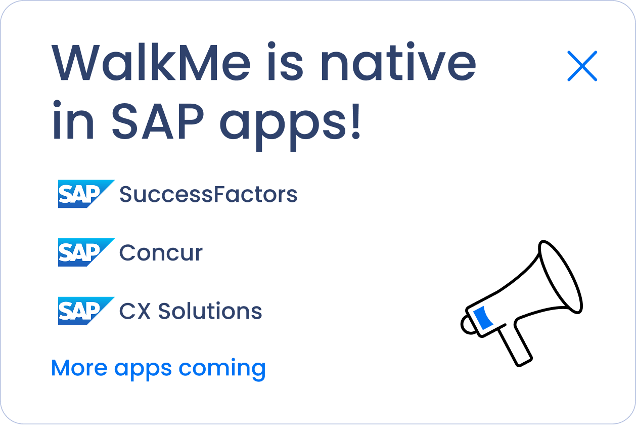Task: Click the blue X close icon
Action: [x=582, y=66]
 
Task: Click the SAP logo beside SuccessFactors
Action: [x=85, y=194]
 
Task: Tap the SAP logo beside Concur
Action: [x=85, y=252]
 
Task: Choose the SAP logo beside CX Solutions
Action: [x=85, y=311]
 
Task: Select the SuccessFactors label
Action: [x=208, y=194]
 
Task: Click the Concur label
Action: [x=161, y=253]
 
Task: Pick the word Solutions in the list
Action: [x=210, y=311]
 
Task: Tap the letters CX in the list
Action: [x=134, y=311]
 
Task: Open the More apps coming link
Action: [x=158, y=368]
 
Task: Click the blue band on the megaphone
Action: [x=483, y=319]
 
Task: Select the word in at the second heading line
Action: [x=73, y=122]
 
